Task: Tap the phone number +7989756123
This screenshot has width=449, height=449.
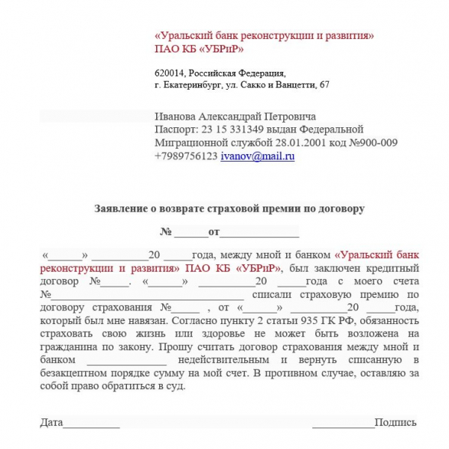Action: pyautogui.click(x=186, y=156)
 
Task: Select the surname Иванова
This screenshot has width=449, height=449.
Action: pyautogui.click(x=176, y=116)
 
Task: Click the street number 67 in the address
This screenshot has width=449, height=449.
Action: pyautogui.click(x=323, y=85)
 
